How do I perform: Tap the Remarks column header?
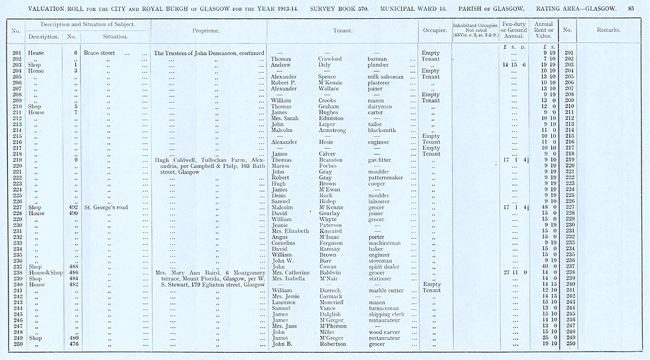coord(608,30)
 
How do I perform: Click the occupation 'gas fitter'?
coord(381,160)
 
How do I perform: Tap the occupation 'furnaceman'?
coord(383,308)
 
